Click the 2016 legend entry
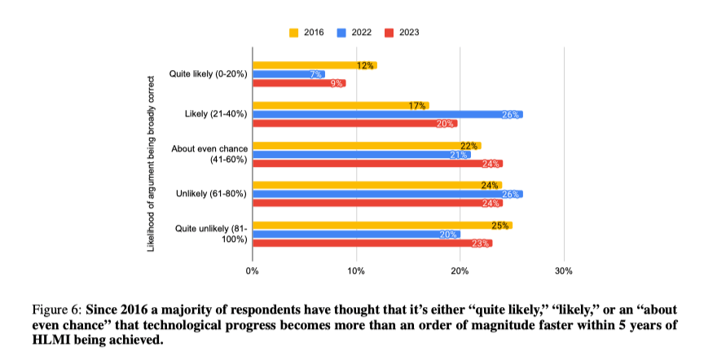coord(307,33)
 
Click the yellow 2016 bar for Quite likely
coord(314,65)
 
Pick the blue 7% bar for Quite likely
coord(288,74)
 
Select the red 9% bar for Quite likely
coord(298,83)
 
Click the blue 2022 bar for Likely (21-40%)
coord(387,114)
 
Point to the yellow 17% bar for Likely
coord(340,105)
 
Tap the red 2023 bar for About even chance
coord(377,163)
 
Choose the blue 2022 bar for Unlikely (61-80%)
coord(387,194)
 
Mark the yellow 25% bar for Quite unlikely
coord(382,225)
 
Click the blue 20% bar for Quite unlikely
coord(356,234)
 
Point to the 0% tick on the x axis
coord(253,270)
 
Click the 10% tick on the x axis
coord(356,270)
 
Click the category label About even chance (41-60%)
coord(209,154)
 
